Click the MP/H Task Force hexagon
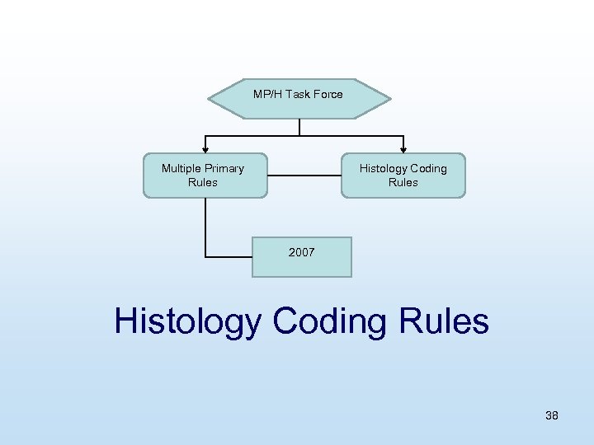pos(299,100)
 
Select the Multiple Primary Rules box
pos(205,176)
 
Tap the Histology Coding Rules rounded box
pos(403,176)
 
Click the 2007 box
pos(301,257)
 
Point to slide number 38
pos(551,415)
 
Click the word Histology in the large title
pos(186,321)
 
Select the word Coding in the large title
pos(329,321)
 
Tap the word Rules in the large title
pos(443,321)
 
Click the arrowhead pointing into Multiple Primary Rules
pos(205,149)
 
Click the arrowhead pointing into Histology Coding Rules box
pos(403,149)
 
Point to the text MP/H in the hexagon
pos(267,94)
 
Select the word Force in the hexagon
pos(328,94)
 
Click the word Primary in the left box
pos(224,168)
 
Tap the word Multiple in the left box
pos(181,168)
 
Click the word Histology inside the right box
pos(380,168)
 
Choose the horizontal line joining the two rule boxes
pos(304,175)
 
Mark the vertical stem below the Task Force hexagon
pos(299,127)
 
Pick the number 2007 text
pos(301,252)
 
